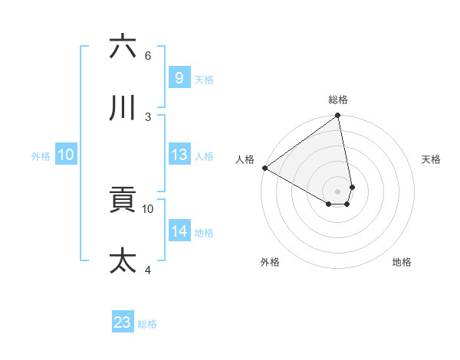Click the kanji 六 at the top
pyautogui.click(x=123, y=47)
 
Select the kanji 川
pyautogui.click(x=123, y=108)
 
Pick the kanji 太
pyautogui.click(x=123, y=260)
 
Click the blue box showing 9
pyautogui.click(x=179, y=77)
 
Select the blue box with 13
pyautogui.click(x=179, y=155)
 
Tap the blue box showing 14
pyautogui.click(x=179, y=231)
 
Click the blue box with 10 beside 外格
pyautogui.click(x=66, y=155)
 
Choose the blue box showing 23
pyautogui.click(x=123, y=322)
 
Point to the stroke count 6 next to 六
pyautogui.click(x=148, y=56)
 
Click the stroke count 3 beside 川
pyautogui.click(x=148, y=116)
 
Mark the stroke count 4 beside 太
pyautogui.click(x=148, y=270)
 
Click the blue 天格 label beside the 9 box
pyautogui.click(x=204, y=80)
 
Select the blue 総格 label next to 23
pyautogui.click(x=147, y=324)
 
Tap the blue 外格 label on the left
pyautogui.click(x=41, y=156)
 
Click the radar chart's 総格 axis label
pyautogui.click(x=338, y=100)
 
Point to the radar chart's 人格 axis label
pyautogui.click(x=245, y=159)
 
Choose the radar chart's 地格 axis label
pyautogui.click(x=402, y=262)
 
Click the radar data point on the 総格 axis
pyautogui.click(x=338, y=116)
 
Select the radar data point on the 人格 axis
pyautogui.click(x=264, y=168)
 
